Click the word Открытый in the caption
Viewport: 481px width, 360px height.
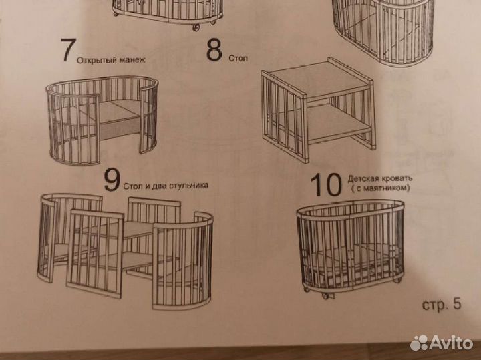coord(95,58)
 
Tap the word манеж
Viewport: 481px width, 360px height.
coord(132,58)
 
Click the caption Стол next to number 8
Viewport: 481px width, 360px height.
coord(238,59)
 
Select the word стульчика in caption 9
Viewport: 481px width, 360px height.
coord(188,185)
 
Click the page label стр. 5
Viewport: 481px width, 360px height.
coord(442,305)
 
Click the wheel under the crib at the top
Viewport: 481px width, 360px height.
coord(196,27)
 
